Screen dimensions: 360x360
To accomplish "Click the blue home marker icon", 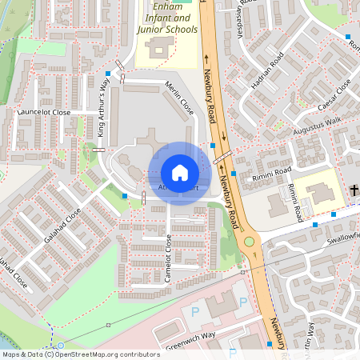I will click(180, 173).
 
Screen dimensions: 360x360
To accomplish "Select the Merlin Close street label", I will click(181, 99).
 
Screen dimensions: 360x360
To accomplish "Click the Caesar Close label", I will click(334, 97).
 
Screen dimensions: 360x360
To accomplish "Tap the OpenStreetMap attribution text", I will click(70, 354).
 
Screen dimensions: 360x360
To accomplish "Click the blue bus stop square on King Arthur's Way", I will click(106, 74).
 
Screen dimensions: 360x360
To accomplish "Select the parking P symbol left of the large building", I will click(194, 311).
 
